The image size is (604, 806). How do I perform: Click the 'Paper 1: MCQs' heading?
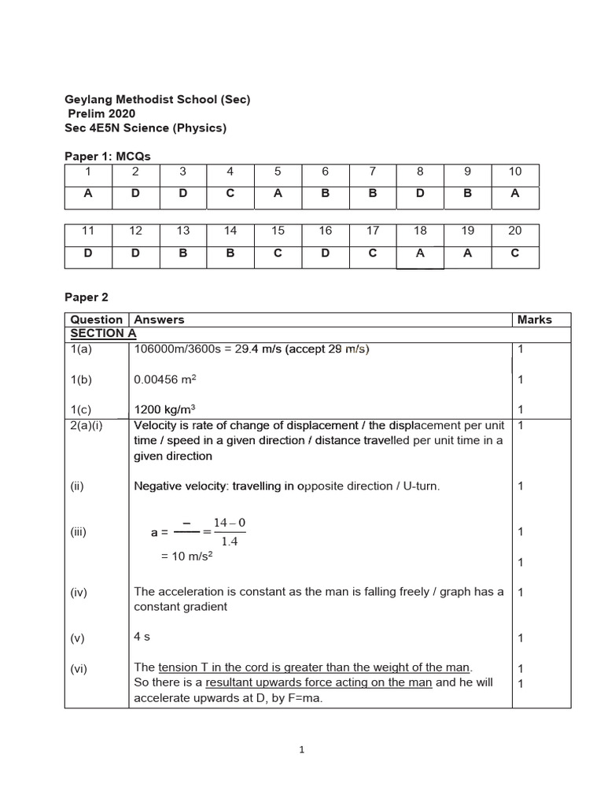coord(107,157)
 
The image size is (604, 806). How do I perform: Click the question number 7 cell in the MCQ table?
coord(373,172)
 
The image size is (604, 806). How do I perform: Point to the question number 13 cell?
coord(183,231)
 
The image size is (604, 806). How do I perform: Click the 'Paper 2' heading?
coord(86,298)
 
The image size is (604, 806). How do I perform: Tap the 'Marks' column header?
coord(534,320)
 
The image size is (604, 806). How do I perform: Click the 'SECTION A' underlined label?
coord(98,333)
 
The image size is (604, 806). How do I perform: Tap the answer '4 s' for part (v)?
coord(142,637)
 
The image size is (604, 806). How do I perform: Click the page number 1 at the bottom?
coord(302,750)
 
